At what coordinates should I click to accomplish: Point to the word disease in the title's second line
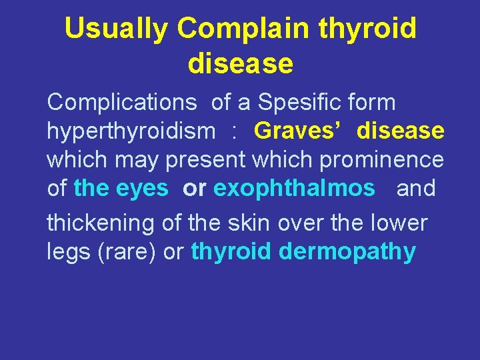click(240, 63)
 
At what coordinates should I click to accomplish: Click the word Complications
click(122, 103)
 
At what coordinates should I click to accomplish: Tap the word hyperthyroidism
click(131, 131)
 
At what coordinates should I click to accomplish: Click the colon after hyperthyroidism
click(234, 131)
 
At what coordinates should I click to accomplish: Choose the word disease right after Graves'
click(400, 131)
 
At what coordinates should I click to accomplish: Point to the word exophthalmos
click(294, 189)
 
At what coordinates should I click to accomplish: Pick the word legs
click(68, 253)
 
